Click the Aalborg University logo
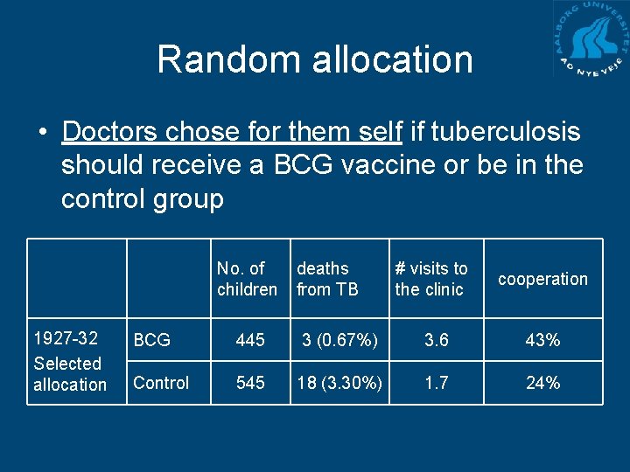pyautogui.click(x=591, y=39)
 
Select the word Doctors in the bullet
pyautogui.click(x=111, y=132)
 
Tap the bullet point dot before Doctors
pyautogui.click(x=41, y=133)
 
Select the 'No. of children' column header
pyautogui.click(x=247, y=279)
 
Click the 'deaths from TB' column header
pyautogui.click(x=328, y=279)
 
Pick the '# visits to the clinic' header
pyautogui.click(x=431, y=279)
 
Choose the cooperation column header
pyautogui.click(x=542, y=279)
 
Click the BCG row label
pyautogui.click(x=152, y=340)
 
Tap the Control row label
pyautogui.click(x=161, y=383)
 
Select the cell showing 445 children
pyautogui.click(x=250, y=340)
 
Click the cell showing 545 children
pyautogui.click(x=250, y=383)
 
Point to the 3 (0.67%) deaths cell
pyautogui.click(x=339, y=340)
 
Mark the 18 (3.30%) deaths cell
pyautogui.click(x=339, y=383)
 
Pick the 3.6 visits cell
pyautogui.click(x=436, y=340)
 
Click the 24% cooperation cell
pyautogui.click(x=542, y=383)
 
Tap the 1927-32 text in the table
pyautogui.click(x=65, y=338)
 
